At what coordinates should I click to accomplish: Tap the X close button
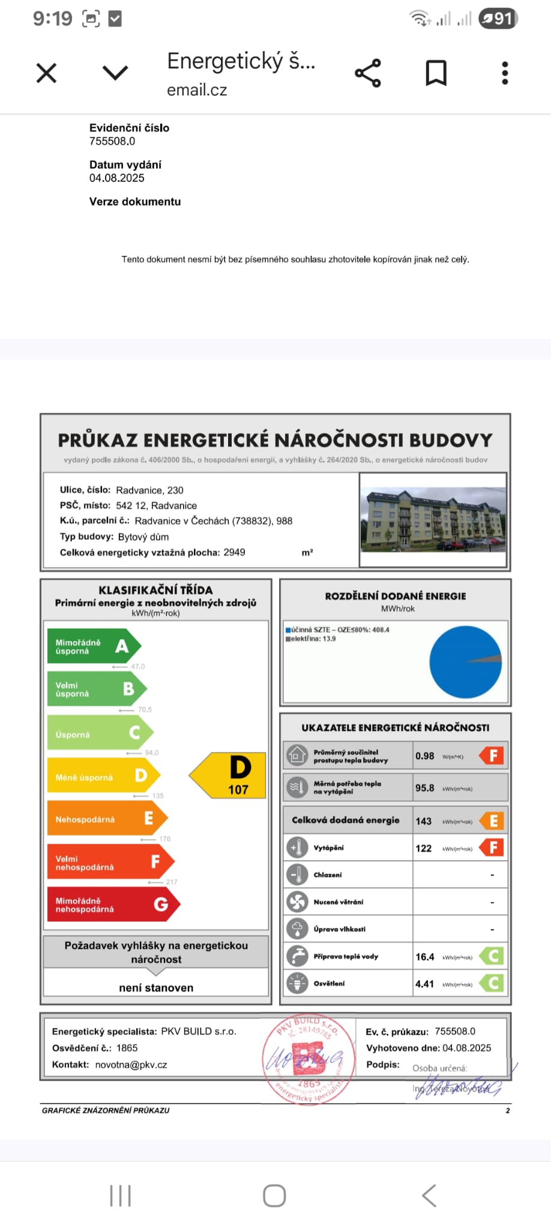click(x=46, y=73)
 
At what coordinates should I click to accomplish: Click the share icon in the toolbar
click(x=368, y=73)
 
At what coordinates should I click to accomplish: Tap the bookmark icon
click(x=436, y=73)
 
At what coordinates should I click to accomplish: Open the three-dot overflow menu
click(x=505, y=73)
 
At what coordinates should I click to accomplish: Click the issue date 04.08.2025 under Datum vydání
click(x=117, y=178)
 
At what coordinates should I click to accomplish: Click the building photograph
click(x=433, y=520)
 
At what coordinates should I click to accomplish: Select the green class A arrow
click(x=94, y=647)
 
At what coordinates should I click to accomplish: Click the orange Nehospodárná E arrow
click(x=106, y=819)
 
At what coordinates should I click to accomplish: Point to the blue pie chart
click(x=465, y=662)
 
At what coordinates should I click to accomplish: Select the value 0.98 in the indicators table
click(x=424, y=756)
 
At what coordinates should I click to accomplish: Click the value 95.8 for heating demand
click(x=424, y=788)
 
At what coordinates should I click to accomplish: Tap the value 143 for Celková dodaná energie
click(x=424, y=821)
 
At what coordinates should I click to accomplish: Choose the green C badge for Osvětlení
click(x=493, y=984)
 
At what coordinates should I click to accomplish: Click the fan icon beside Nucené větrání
click(x=297, y=901)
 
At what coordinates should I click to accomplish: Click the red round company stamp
click(x=309, y=1061)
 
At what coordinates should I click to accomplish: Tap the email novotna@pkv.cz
click(x=131, y=1065)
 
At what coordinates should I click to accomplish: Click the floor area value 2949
click(x=234, y=553)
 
